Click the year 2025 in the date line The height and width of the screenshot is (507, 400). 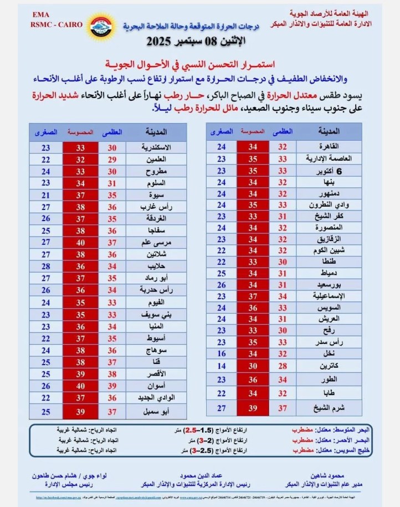(x=161, y=41)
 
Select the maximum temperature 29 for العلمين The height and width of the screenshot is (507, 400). (x=112, y=159)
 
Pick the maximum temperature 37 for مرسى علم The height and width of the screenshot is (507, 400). (x=112, y=242)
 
